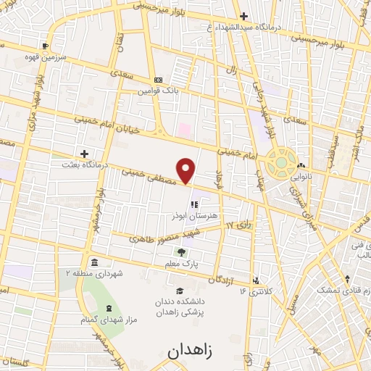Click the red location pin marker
(x=187, y=170)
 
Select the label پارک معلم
(x=180, y=266)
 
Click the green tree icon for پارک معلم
(x=180, y=253)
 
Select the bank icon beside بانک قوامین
(x=159, y=80)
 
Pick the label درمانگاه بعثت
(x=85, y=165)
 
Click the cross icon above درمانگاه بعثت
(x=85, y=154)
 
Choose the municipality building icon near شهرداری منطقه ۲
(x=94, y=262)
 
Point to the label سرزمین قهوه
(x=46, y=56)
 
